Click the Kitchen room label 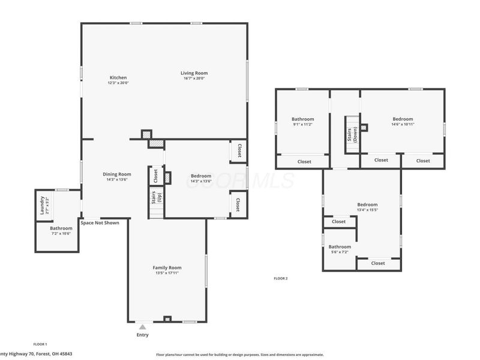pyautogui.click(x=118, y=77)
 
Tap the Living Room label pyautogui.click(x=194, y=73)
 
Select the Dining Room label pyautogui.click(x=118, y=174)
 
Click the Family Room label pyautogui.click(x=167, y=268)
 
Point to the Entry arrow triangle pyautogui.click(x=142, y=327)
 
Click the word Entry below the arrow pyautogui.click(x=142, y=335)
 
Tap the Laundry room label pyautogui.click(x=42, y=206)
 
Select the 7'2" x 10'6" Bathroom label pyautogui.click(x=61, y=228)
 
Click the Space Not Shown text pyautogui.click(x=100, y=223)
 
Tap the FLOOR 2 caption pyautogui.click(x=281, y=278)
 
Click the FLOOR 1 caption pyautogui.click(x=40, y=344)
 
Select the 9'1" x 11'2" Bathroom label pyautogui.click(x=302, y=119)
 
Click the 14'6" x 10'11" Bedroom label pyautogui.click(x=403, y=119)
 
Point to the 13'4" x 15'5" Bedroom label pyautogui.click(x=368, y=204)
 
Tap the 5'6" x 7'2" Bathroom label pyautogui.click(x=339, y=247)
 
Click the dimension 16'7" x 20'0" pyautogui.click(x=194, y=78)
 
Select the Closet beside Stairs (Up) pyautogui.click(x=155, y=176)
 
